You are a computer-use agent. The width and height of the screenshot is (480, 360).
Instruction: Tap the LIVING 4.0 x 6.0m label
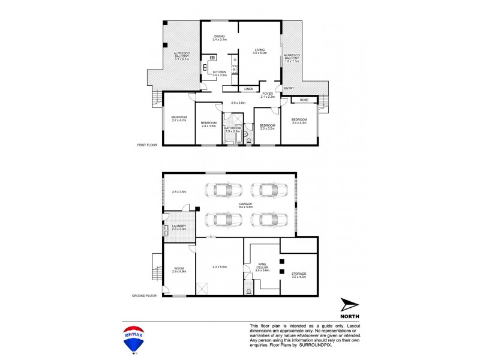tap(260, 52)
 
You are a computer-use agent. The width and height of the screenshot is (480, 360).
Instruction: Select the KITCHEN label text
tap(220, 73)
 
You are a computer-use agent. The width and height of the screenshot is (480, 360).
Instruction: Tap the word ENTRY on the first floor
tap(289, 89)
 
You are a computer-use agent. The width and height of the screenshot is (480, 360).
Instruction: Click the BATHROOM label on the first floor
tap(232, 129)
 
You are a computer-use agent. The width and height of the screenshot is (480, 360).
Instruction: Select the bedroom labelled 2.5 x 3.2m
tap(266, 127)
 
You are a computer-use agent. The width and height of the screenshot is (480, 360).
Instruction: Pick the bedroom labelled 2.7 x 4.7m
tap(179, 118)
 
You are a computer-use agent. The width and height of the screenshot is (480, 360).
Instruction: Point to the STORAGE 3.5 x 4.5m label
tap(298, 275)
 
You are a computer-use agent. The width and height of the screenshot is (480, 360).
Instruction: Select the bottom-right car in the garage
tap(263, 220)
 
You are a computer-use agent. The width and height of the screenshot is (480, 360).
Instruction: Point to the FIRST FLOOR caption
tap(147, 145)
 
